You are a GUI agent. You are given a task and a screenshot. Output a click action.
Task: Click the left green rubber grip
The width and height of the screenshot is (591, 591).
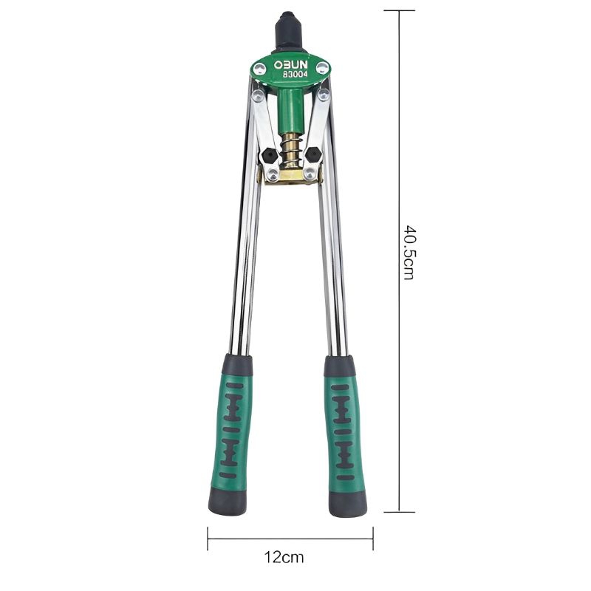pyautogui.click(x=233, y=428)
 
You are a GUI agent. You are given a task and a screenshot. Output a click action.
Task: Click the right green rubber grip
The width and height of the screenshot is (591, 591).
pyautogui.click(x=344, y=428)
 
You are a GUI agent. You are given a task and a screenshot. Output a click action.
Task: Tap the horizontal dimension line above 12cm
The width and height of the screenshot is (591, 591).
pyautogui.click(x=290, y=538)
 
